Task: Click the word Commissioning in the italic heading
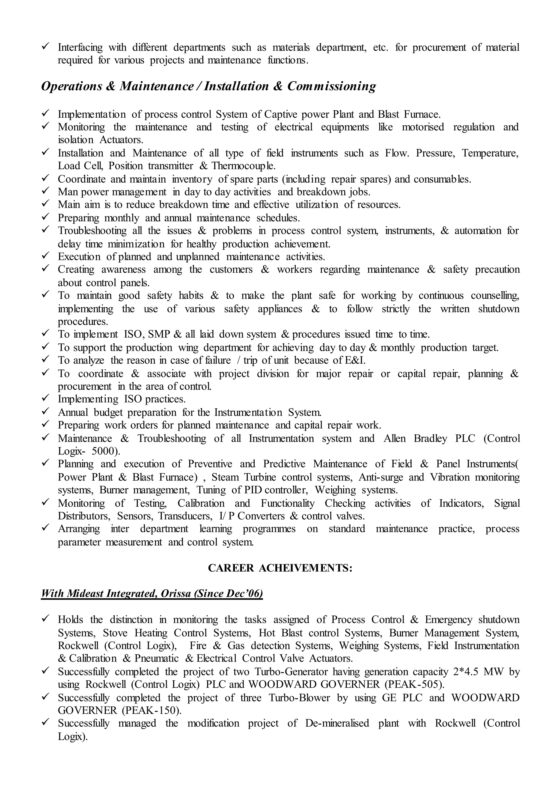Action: coord(331,86)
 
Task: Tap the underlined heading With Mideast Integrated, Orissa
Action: coord(151,593)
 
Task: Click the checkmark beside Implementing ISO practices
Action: coord(46,399)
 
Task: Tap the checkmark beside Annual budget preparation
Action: coord(46,412)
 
